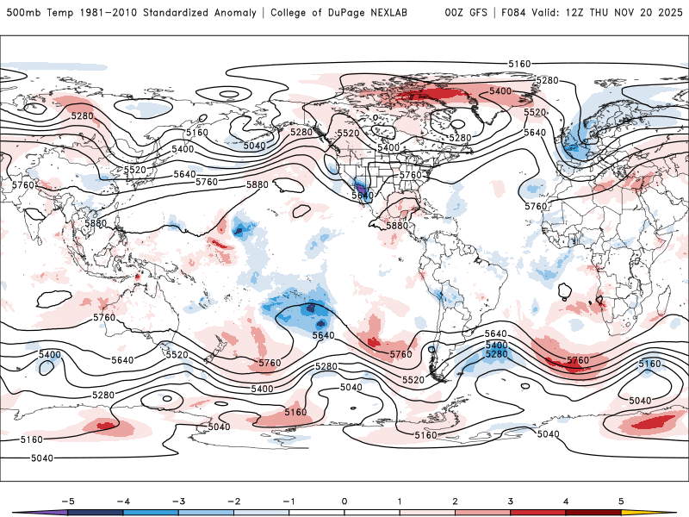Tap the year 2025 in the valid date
click(665, 13)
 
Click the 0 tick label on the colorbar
click(344, 501)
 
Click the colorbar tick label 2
click(455, 501)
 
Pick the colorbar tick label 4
click(566, 501)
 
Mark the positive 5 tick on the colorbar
click(621, 501)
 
